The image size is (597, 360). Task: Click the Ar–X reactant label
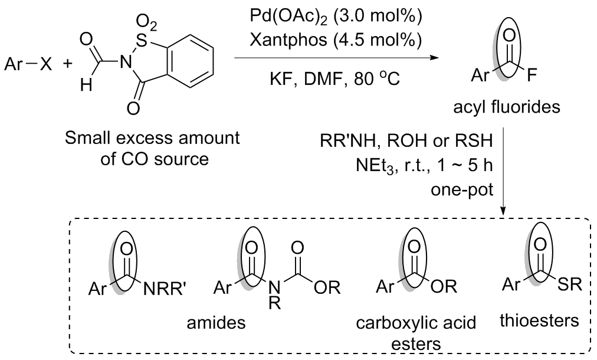point(28,64)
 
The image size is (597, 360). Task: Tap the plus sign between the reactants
point(67,64)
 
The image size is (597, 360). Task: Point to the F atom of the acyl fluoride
point(532,76)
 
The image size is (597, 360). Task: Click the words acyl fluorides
point(507,107)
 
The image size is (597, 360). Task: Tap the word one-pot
point(462,189)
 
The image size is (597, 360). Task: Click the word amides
point(216,323)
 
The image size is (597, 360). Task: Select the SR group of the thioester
point(569,284)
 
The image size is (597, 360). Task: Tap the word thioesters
point(539,320)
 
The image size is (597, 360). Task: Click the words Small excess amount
point(152,138)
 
